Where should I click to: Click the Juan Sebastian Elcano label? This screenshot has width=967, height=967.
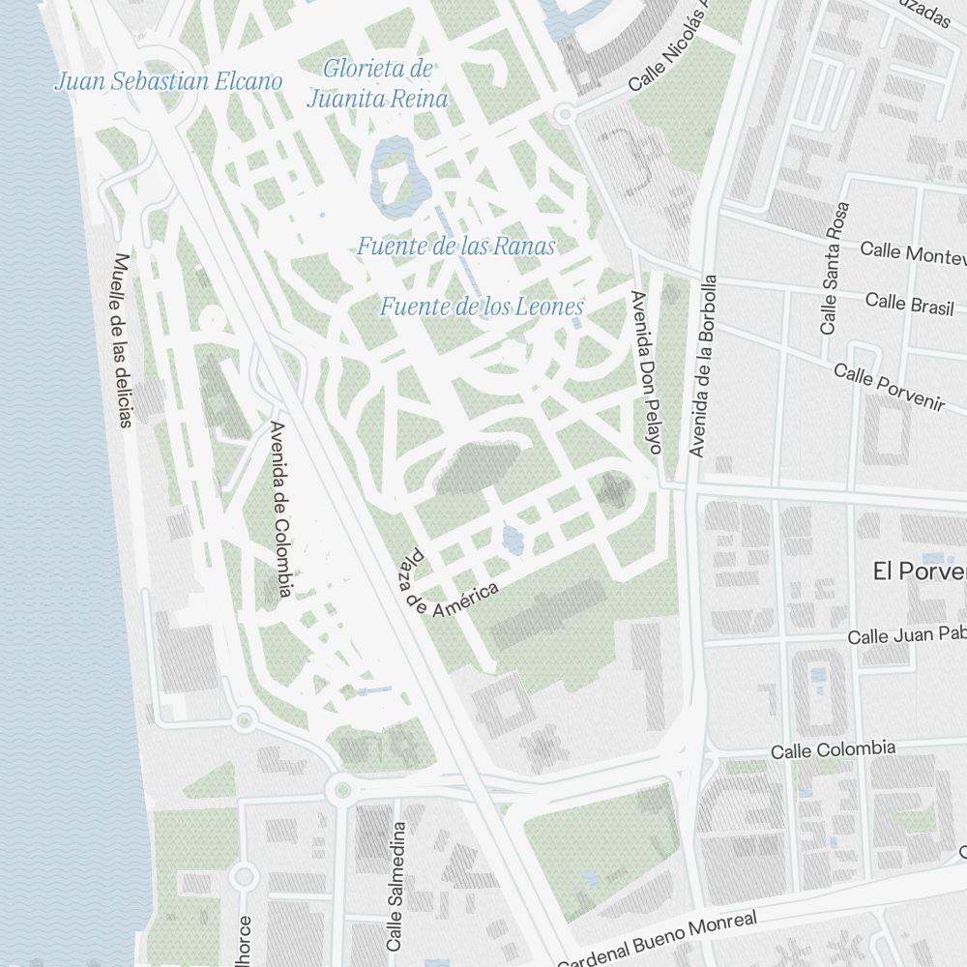coord(168,81)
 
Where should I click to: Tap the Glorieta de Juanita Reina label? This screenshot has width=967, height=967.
coord(378,84)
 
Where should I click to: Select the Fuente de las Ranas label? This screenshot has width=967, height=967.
coord(456,247)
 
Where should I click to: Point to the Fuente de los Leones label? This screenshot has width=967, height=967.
coord(482,308)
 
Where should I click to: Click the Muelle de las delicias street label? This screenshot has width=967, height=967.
coord(122,339)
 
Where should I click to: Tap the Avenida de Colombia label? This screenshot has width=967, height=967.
coord(281,509)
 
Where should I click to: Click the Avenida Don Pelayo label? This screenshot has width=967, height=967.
coord(645,372)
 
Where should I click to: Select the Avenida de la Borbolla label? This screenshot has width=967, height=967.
coord(704,365)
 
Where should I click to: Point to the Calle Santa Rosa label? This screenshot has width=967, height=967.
coord(834,268)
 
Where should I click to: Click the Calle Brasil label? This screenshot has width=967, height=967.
coord(909,303)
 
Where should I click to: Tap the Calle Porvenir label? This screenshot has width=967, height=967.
coord(889,388)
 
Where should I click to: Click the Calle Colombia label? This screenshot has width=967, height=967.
coord(833,749)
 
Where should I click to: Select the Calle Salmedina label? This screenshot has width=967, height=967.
coord(396,885)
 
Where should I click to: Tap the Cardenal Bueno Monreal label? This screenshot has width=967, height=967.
coord(658,938)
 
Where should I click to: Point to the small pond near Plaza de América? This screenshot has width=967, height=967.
coord(513,541)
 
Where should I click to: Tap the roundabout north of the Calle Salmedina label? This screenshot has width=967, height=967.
coord(340,790)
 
